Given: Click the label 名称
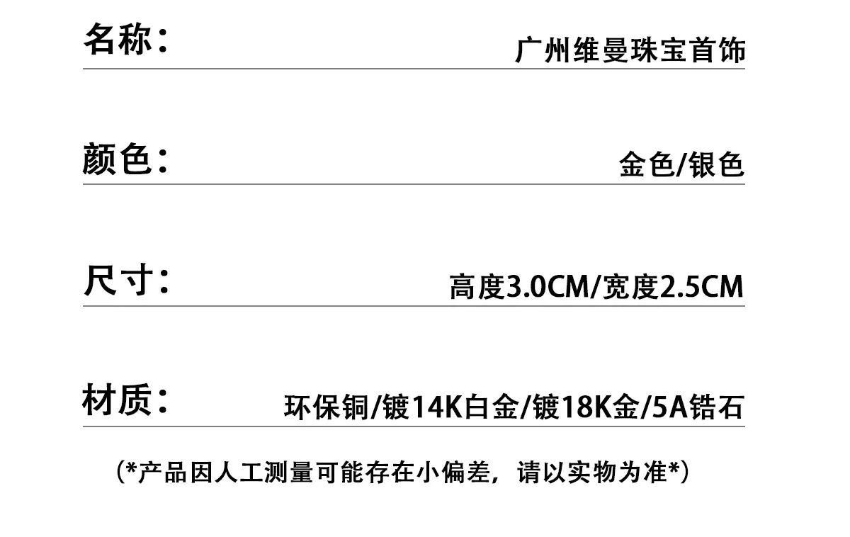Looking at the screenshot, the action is (118, 39).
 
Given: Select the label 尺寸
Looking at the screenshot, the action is (118, 280).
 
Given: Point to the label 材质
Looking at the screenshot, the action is (117, 400).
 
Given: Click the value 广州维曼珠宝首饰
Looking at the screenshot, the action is (630, 50).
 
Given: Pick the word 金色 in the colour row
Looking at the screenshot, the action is (647, 164).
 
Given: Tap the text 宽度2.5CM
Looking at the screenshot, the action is (672, 286).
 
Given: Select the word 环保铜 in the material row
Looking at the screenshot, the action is (327, 407).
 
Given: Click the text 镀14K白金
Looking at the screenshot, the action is (450, 407).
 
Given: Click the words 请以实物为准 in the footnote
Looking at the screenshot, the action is (592, 473).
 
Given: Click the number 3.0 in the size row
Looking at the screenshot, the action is (526, 287).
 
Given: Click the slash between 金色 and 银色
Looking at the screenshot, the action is (681, 164).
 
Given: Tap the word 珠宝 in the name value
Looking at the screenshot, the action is (659, 50).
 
